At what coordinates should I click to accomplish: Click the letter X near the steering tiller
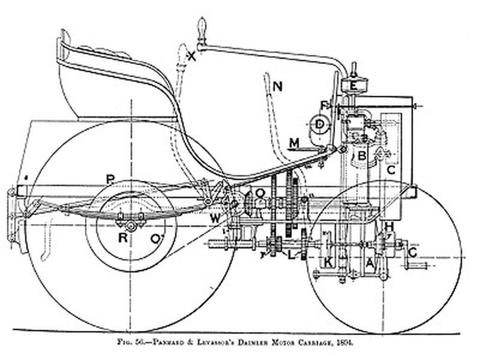pos(191,57)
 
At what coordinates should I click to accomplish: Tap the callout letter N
pos(278,86)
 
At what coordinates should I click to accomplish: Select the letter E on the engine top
pos(353,85)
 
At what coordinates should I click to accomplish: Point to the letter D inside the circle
pos(320,124)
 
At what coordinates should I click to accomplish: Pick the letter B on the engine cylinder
pos(361,156)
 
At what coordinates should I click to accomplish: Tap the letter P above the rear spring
pos(111,179)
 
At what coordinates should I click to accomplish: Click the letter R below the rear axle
pos(122,237)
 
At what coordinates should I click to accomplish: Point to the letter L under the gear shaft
pos(291,256)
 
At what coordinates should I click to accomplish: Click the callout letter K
pos(329,263)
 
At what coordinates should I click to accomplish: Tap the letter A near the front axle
pos(370,264)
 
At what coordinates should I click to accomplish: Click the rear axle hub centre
pos(131,226)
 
